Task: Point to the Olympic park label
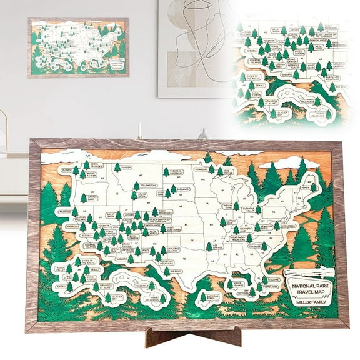pos(66,169)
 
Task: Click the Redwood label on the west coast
pos(64,212)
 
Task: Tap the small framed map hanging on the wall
pos(77,47)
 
